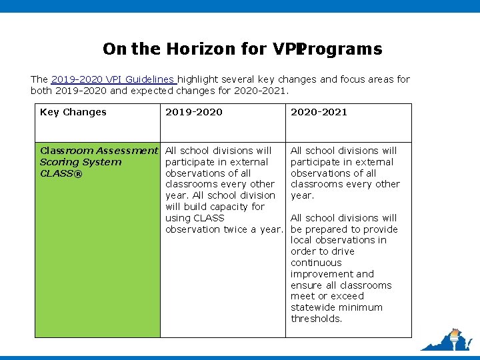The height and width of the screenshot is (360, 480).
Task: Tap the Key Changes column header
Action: [x=73, y=112]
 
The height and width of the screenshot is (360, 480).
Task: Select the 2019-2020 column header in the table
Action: [x=194, y=112]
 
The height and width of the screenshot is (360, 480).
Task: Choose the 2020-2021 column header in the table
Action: [x=319, y=112]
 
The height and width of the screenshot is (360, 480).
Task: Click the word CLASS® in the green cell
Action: [x=61, y=173]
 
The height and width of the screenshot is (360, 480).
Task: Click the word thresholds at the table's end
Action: [x=316, y=319]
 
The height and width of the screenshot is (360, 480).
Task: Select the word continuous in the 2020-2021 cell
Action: [x=316, y=263]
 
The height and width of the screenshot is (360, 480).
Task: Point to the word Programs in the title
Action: [x=341, y=49]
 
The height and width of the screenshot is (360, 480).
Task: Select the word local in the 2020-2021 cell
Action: [x=302, y=240]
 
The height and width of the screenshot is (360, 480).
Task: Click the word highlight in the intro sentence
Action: [x=202, y=79]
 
